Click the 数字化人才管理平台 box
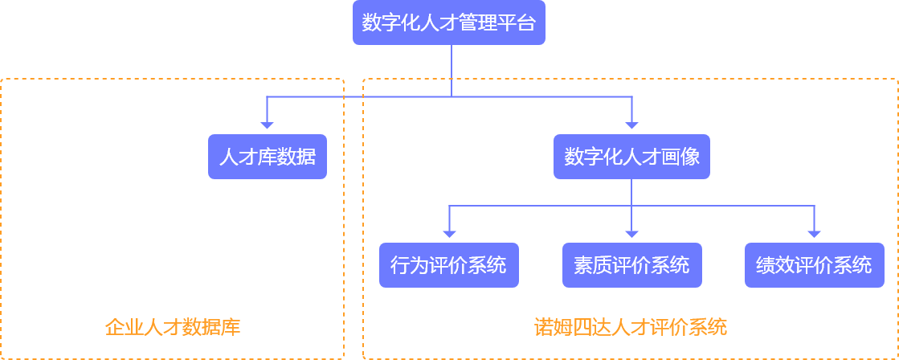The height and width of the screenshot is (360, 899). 449,23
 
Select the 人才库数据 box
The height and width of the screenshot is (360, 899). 268,157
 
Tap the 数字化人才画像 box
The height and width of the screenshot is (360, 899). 631,157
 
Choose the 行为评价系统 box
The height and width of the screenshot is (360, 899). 449,265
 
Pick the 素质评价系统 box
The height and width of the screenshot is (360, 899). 631,265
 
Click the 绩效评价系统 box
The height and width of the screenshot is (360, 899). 814,265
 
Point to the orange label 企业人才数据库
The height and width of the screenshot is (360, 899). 173,327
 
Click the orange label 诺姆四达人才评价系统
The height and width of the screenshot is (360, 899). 631,327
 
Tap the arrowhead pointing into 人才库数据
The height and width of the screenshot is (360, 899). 268,125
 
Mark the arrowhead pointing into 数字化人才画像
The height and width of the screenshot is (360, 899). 631,125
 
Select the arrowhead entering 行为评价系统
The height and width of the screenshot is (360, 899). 449,233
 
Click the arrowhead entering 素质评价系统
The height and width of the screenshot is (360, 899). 631,233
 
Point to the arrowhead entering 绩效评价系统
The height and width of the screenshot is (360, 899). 814,233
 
